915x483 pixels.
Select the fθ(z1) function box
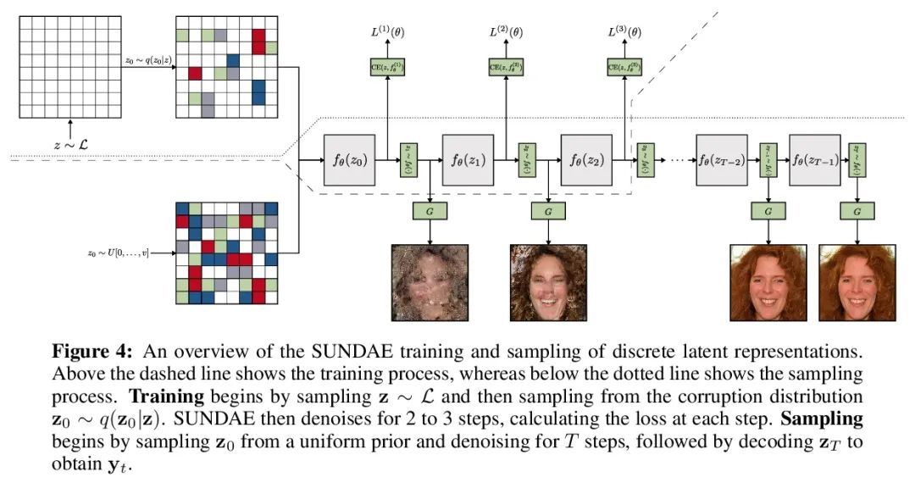coord(468,160)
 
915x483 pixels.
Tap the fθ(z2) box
coord(586,160)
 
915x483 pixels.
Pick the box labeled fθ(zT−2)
coord(722,160)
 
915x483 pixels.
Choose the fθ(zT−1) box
coord(814,160)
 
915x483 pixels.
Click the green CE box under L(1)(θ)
coord(387,67)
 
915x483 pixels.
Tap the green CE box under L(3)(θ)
coord(624,67)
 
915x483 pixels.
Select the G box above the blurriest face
coord(430,211)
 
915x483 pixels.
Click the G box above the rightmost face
coord(858,211)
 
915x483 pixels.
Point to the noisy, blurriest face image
coord(430,282)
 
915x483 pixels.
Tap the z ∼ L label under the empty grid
coord(70,144)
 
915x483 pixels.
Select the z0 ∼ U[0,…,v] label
coord(118,253)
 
